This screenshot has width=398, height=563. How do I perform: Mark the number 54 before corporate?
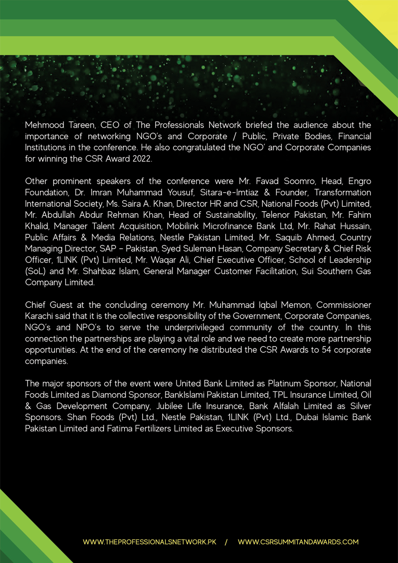(312, 349)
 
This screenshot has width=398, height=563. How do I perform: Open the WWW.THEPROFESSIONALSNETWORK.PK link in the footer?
(150, 542)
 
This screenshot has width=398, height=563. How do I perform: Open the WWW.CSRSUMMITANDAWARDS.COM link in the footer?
(298, 542)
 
